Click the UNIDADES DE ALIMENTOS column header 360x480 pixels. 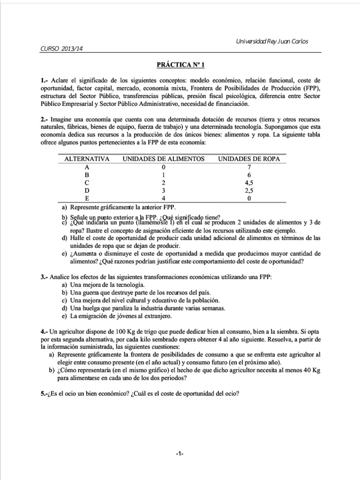pyautogui.click(x=164, y=159)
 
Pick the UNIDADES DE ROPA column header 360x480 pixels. pyautogui.click(x=249, y=159)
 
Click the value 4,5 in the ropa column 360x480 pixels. pyautogui.click(x=249, y=182)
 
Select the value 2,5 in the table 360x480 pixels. pyautogui.click(x=249, y=190)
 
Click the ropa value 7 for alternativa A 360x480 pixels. pyautogui.click(x=249, y=167)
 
